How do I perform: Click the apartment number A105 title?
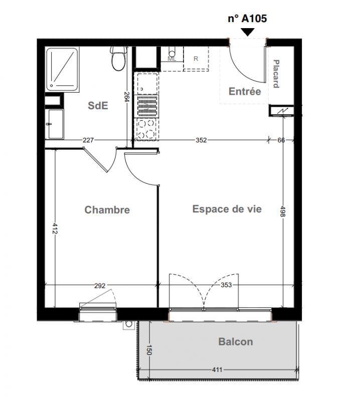pyautogui.click(x=247, y=19)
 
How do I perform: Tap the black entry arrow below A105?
pyautogui.click(x=248, y=32)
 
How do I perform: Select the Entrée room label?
pyautogui.click(x=245, y=91)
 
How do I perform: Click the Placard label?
pyautogui.click(x=276, y=74)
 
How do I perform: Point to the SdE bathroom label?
pyautogui.click(x=98, y=105)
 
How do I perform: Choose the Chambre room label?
pyautogui.click(x=107, y=210)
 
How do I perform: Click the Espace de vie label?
pyautogui.click(x=227, y=209)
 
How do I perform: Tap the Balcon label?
pyautogui.click(x=236, y=342)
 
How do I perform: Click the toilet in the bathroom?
pyautogui.click(x=118, y=59)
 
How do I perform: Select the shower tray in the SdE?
pyautogui.click(x=62, y=69)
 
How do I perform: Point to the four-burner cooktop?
pyautogui.click(x=146, y=129)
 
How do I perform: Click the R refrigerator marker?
pyautogui.click(x=196, y=59)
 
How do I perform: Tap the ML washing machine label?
pyautogui.click(x=172, y=59)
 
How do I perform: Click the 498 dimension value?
pyautogui.click(x=283, y=211)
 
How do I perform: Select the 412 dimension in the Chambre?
pyautogui.click(x=55, y=229)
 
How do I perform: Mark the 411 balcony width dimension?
pyautogui.click(x=217, y=369)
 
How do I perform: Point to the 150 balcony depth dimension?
pyautogui.click(x=149, y=350)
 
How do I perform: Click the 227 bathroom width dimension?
pyautogui.click(x=88, y=140)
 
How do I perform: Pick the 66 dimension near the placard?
pyautogui.click(x=281, y=140)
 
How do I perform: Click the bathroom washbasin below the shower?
pyautogui.click(x=56, y=124)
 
